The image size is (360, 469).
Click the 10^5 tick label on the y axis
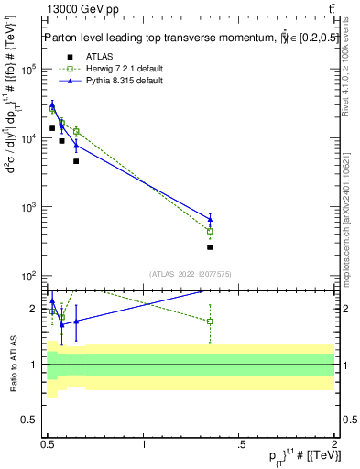[28, 70]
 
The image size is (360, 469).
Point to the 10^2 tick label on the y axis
[28, 276]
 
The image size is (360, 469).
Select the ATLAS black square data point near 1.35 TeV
[210, 247]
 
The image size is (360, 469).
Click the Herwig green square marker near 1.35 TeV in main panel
[210, 232]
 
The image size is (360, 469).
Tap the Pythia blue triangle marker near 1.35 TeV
[210, 219]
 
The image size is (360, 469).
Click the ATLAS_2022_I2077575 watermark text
[190, 273]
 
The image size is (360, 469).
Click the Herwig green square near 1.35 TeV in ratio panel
[210, 322]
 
